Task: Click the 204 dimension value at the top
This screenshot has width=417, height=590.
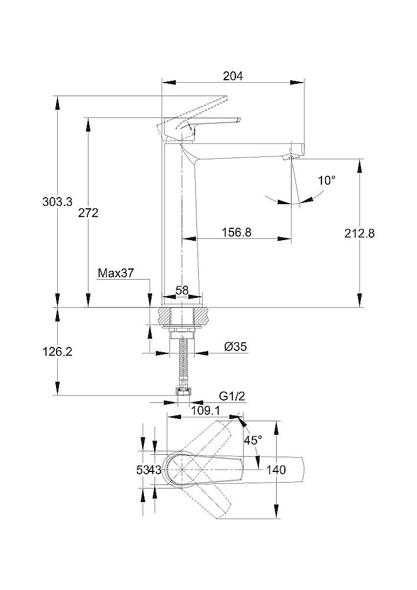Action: pyautogui.click(x=234, y=76)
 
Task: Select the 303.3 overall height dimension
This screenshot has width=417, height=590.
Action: pyautogui.click(x=58, y=202)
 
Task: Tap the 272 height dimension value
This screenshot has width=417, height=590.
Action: pyautogui.click(x=88, y=213)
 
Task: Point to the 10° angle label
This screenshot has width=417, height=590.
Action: pyautogui.click(x=327, y=180)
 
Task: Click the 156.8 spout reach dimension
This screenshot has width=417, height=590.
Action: pyautogui.click(x=237, y=232)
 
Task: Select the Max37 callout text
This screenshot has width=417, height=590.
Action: pyautogui.click(x=116, y=273)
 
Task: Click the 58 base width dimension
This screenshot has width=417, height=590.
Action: pyautogui.click(x=182, y=290)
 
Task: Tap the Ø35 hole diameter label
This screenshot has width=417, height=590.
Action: pyautogui.click(x=235, y=347)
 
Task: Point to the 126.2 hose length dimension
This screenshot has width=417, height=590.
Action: pyautogui.click(x=58, y=352)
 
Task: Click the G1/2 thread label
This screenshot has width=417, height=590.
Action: pyautogui.click(x=231, y=396)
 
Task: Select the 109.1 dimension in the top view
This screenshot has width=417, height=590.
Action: pyautogui.click(x=203, y=408)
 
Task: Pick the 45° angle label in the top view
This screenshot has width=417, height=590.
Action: pyautogui.click(x=252, y=440)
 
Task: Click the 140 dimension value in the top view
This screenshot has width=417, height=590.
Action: pyautogui.click(x=276, y=470)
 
